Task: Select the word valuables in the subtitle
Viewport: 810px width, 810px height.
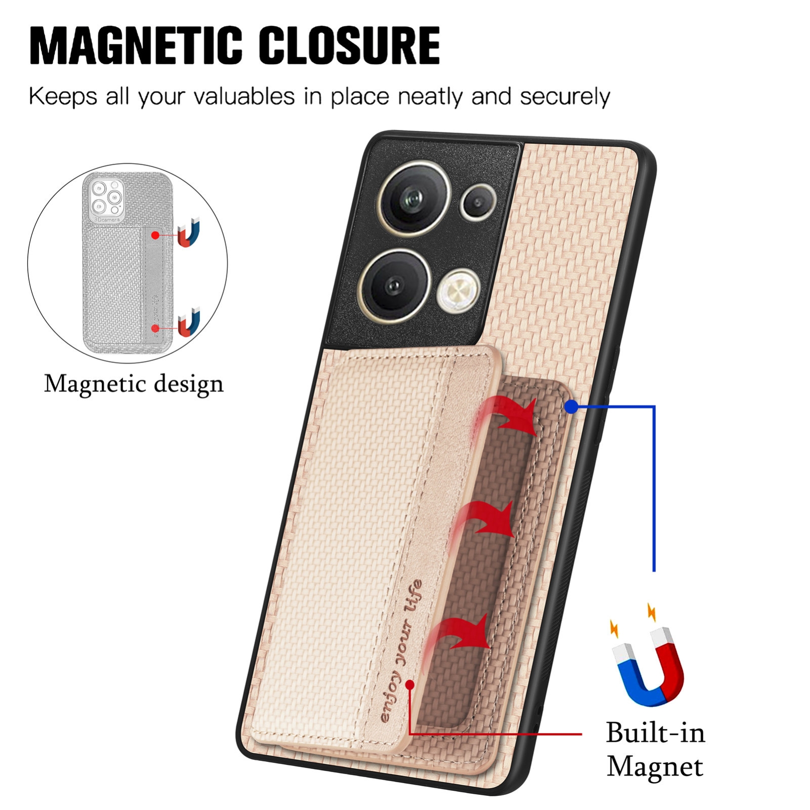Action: (244, 96)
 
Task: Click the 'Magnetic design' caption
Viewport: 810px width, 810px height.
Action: (134, 384)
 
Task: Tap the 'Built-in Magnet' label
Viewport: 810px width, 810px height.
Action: (655, 749)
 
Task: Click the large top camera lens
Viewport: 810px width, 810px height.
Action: (415, 198)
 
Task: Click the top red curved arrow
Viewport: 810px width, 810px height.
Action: (506, 415)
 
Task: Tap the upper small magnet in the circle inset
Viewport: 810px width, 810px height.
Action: (189, 232)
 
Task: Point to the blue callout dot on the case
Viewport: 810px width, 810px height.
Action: (571, 406)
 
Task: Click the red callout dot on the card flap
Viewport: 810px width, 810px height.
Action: (410, 685)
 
